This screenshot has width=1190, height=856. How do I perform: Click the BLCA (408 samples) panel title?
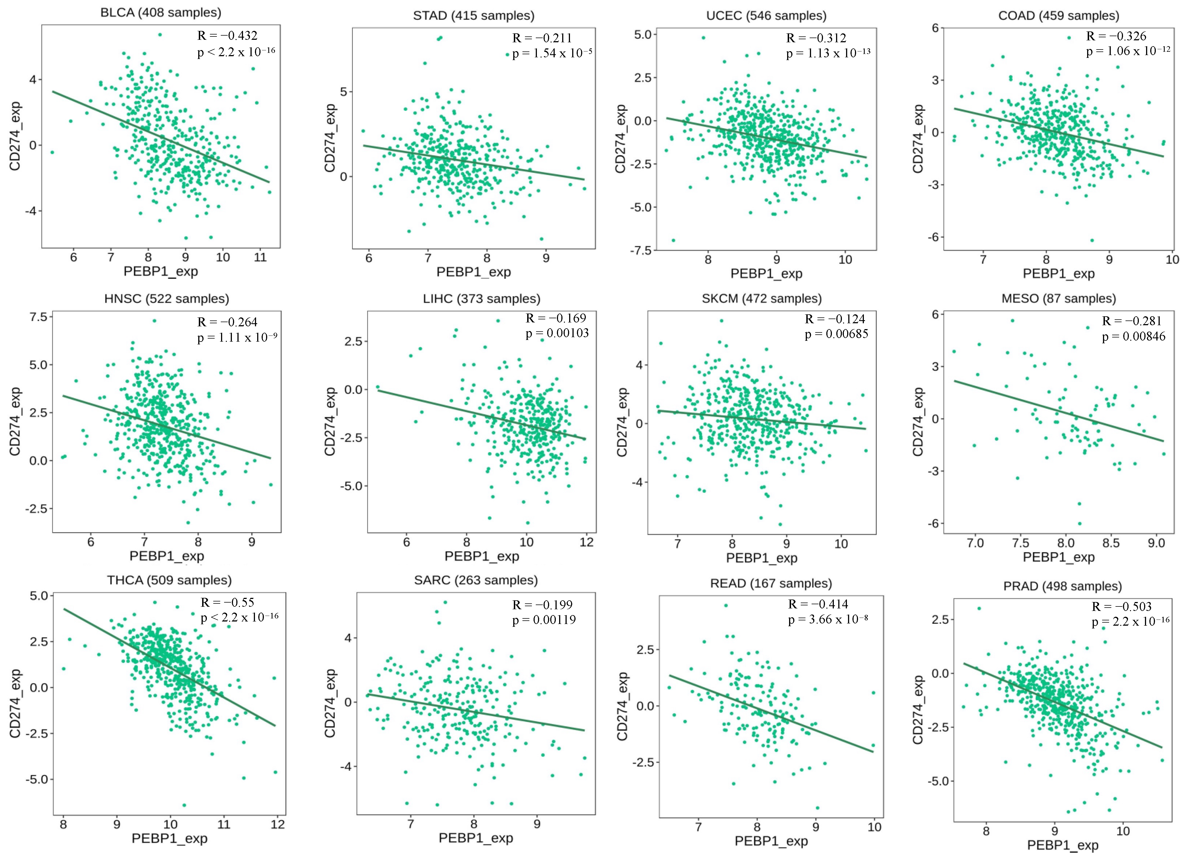click(x=160, y=13)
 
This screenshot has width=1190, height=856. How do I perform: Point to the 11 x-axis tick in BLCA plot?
click(x=260, y=257)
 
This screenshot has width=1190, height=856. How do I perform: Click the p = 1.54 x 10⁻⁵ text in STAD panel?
click(x=552, y=53)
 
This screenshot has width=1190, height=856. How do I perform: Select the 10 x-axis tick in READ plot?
click(x=874, y=827)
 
